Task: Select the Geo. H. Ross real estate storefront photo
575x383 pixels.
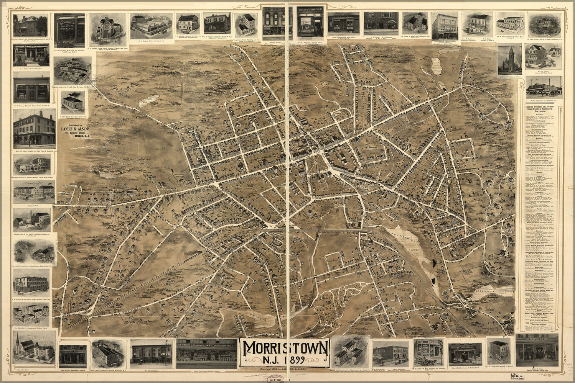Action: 69,29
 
